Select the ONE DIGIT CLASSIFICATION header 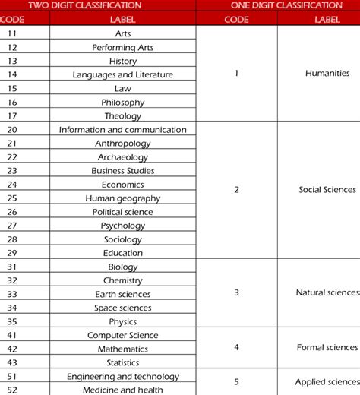276,5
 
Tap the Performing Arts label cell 122,47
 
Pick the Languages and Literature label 122,74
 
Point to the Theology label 122,115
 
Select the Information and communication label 122,129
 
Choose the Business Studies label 122,170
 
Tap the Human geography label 122,197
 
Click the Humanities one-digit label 327,74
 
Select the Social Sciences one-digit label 327,190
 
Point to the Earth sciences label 122,294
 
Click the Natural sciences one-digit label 327,292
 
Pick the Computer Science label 122,335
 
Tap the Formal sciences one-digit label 327,347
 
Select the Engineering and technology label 122,376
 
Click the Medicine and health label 122,390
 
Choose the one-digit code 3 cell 236,292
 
